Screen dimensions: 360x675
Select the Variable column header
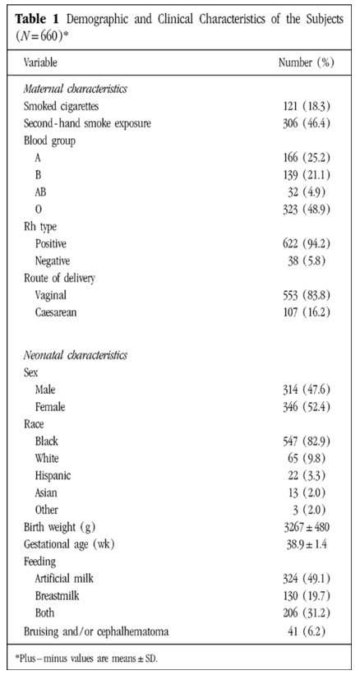(41, 62)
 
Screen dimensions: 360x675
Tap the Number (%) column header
(306, 62)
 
